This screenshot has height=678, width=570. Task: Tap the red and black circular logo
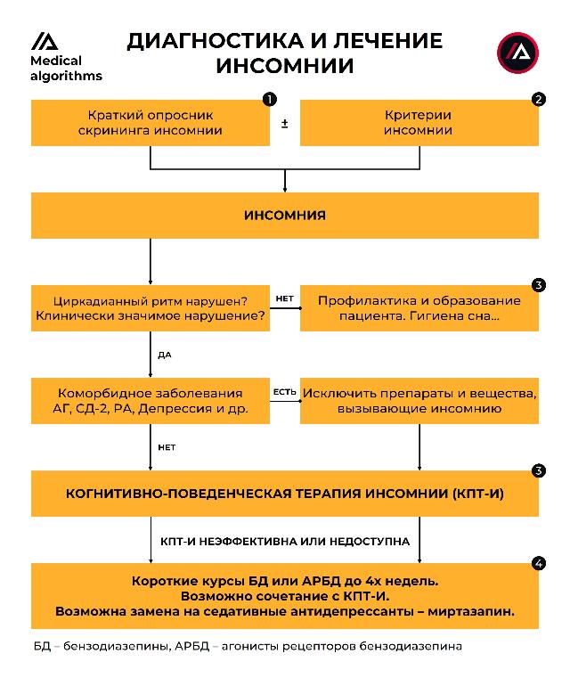pos(517,53)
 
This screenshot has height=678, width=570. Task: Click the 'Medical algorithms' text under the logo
pos(66,69)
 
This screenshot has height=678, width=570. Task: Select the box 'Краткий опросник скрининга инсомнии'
pos(150,122)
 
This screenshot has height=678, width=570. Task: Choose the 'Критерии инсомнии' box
pos(419,122)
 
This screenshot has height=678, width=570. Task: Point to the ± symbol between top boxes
pos(284,123)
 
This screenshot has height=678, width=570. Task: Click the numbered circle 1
pos(270,100)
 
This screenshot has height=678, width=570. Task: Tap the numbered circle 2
pos(538,100)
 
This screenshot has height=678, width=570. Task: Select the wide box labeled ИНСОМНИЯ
pos(285,216)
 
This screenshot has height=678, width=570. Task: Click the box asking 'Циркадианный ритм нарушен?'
pos(150,308)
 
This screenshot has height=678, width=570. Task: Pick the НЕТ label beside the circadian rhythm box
pos(284,298)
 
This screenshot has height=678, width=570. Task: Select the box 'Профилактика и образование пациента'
pos(419,308)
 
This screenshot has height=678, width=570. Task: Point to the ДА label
pos(164,355)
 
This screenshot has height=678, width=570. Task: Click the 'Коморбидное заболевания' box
pos(150,401)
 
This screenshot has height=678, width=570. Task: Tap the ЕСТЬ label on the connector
pos(284,391)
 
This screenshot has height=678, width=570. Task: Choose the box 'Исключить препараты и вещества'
pos(419,401)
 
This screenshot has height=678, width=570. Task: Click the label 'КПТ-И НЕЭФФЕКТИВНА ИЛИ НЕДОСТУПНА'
pos(285,541)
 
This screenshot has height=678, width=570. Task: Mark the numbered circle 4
pos(538,563)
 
